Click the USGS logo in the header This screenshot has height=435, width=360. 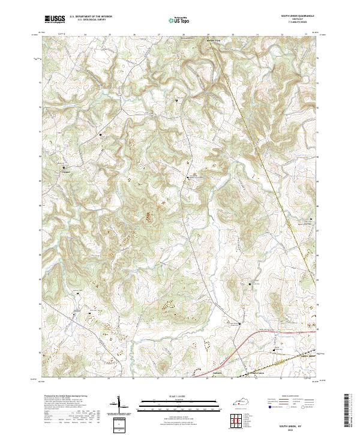55,20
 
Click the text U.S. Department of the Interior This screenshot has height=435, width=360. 91,17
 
